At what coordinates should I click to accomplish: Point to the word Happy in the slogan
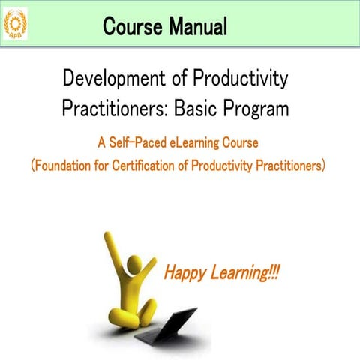(184, 271)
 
